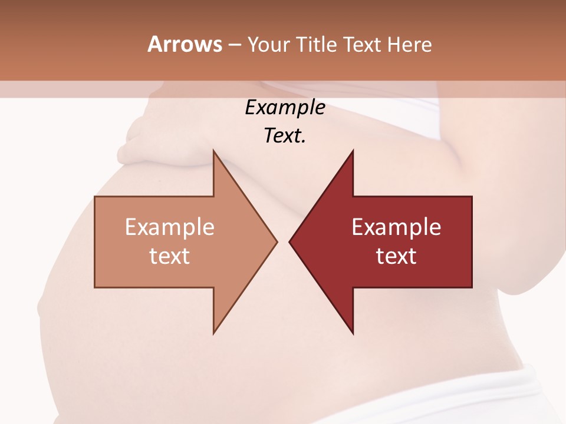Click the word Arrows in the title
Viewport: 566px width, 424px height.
[185, 44]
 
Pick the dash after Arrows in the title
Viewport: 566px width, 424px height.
[235, 45]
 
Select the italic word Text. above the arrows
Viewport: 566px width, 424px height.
[285, 135]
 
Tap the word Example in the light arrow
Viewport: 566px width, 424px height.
[170, 227]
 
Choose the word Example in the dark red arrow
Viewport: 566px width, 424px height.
[396, 227]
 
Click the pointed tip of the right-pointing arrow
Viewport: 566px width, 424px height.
[277, 241]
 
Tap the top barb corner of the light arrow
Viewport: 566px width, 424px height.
[213, 151]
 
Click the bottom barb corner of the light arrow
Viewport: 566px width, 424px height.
[213, 333]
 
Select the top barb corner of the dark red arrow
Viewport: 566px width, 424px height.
[353, 151]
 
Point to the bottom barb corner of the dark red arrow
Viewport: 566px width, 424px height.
[353, 333]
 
